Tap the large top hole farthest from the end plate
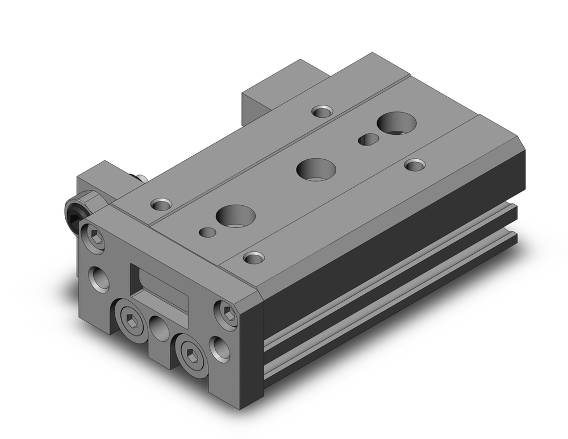click(x=396, y=122)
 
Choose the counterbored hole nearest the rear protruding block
click(x=323, y=111)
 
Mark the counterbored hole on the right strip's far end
click(x=415, y=165)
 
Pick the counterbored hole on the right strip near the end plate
click(x=253, y=257)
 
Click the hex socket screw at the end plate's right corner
click(x=227, y=314)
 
